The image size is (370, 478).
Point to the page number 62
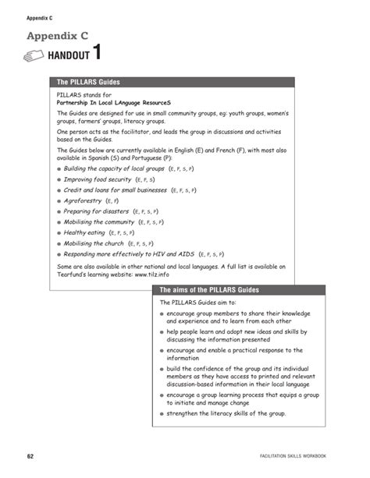pyautogui.click(x=30, y=455)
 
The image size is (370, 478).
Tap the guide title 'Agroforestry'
pyautogui.click(x=83, y=200)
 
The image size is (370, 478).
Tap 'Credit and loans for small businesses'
pyautogui.click(x=116, y=189)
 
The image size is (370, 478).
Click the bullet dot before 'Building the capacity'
pyautogui.click(x=59, y=168)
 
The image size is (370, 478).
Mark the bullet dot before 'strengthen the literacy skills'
pyautogui.click(x=162, y=412)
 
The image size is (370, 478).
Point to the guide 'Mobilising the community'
pyautogui.click(x=99, y=221)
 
